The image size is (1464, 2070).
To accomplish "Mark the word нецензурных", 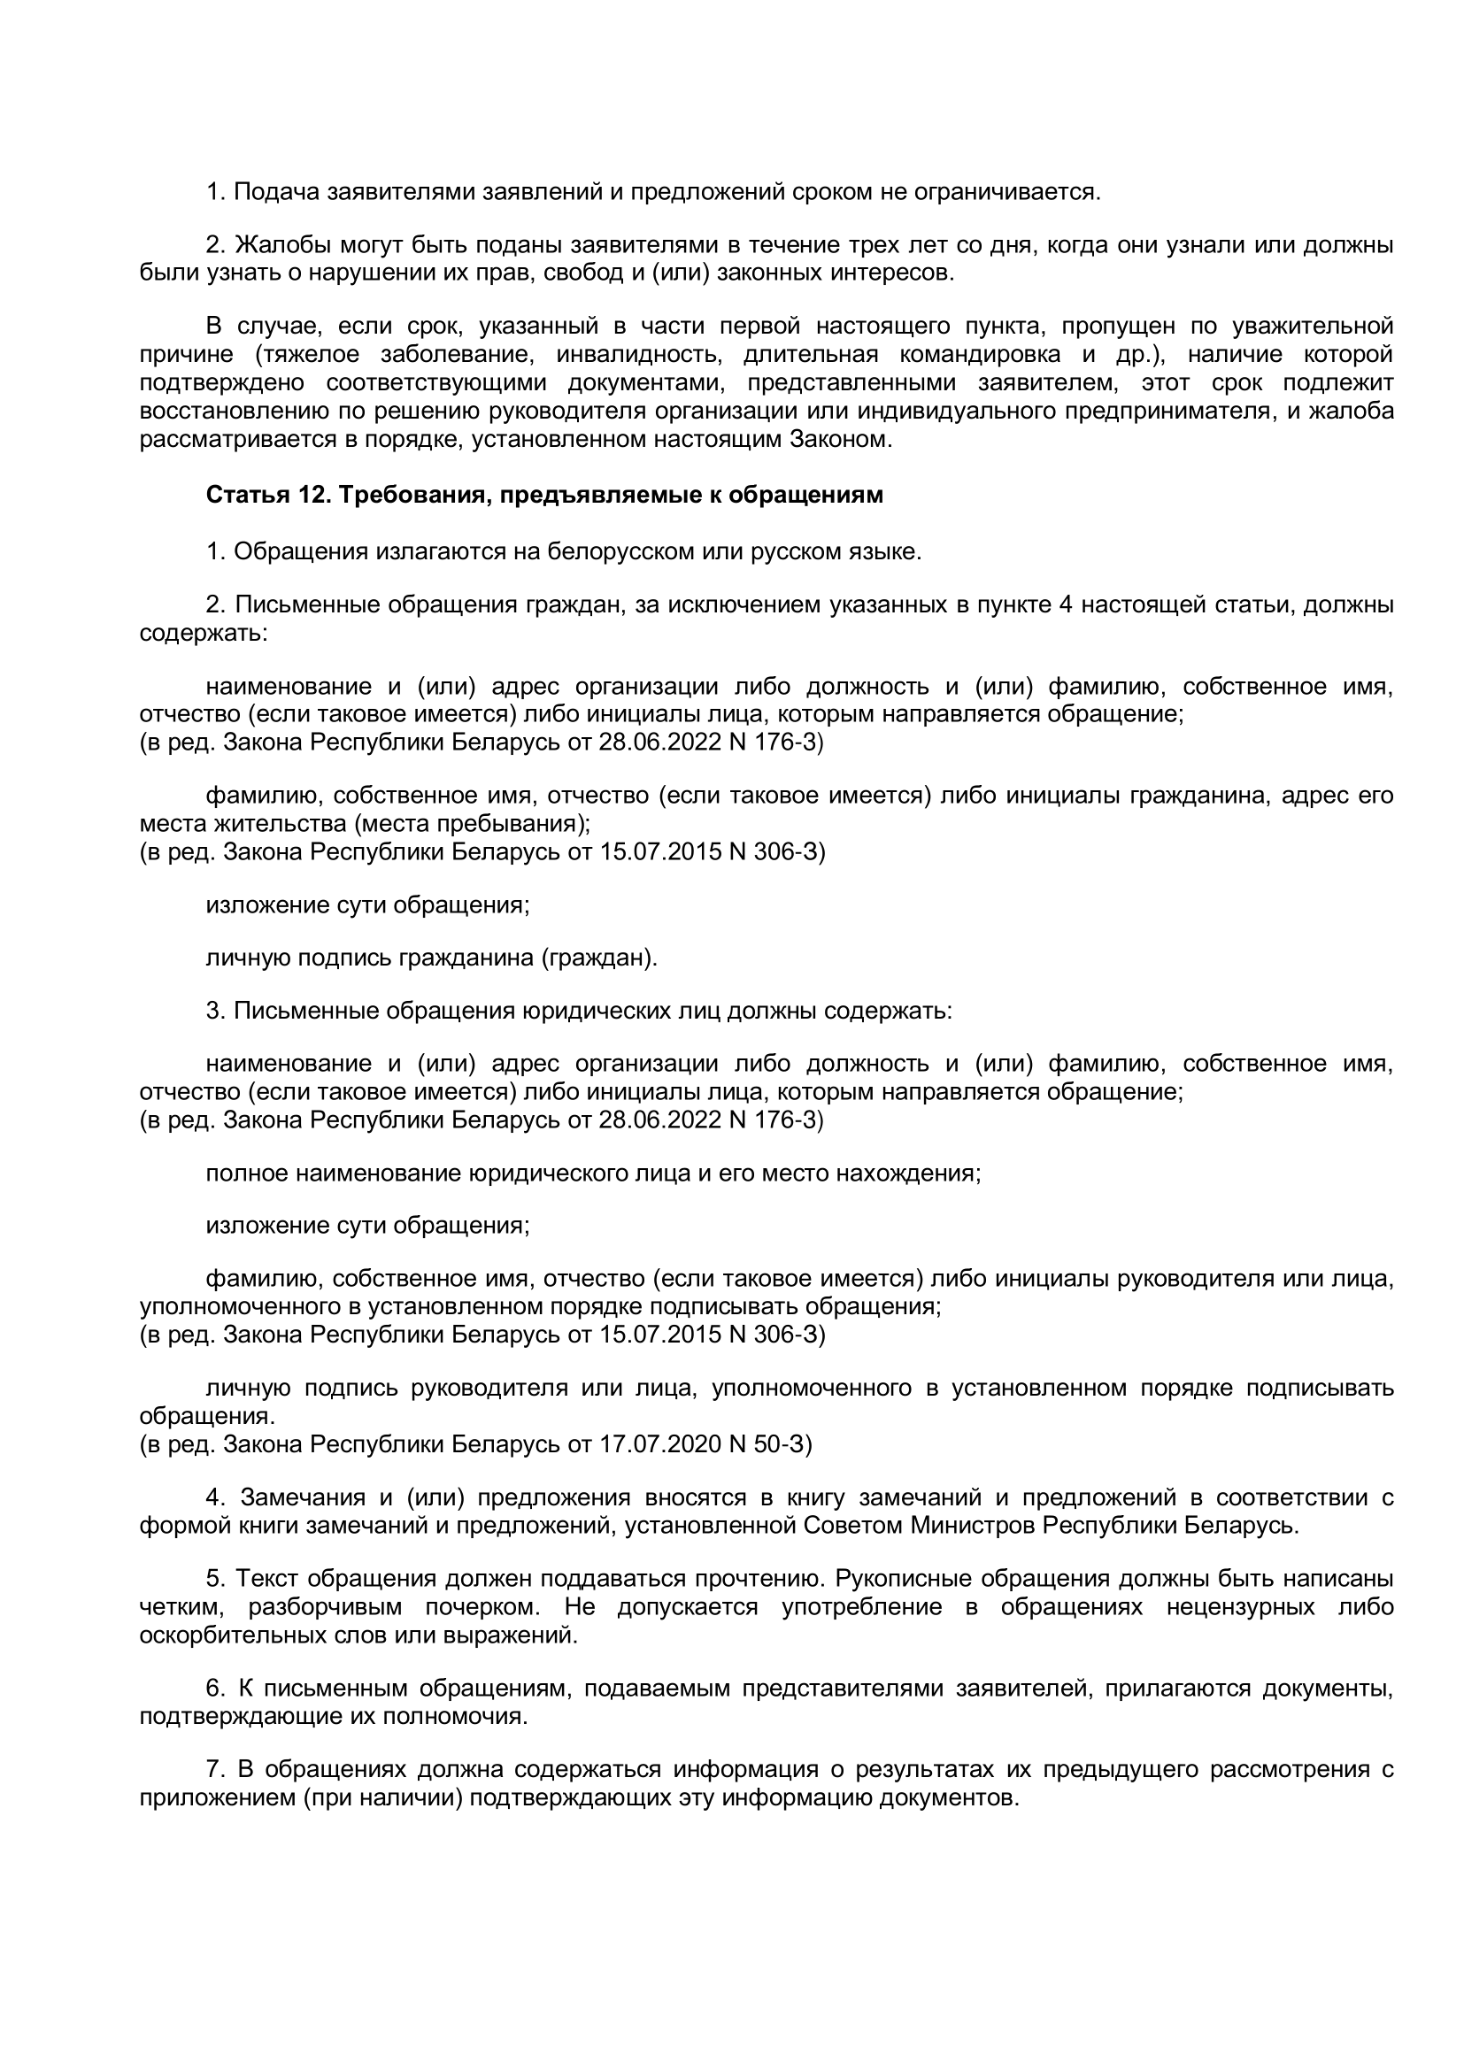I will pos(1243,1606).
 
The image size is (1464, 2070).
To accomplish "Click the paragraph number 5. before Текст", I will pos(214,1579).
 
